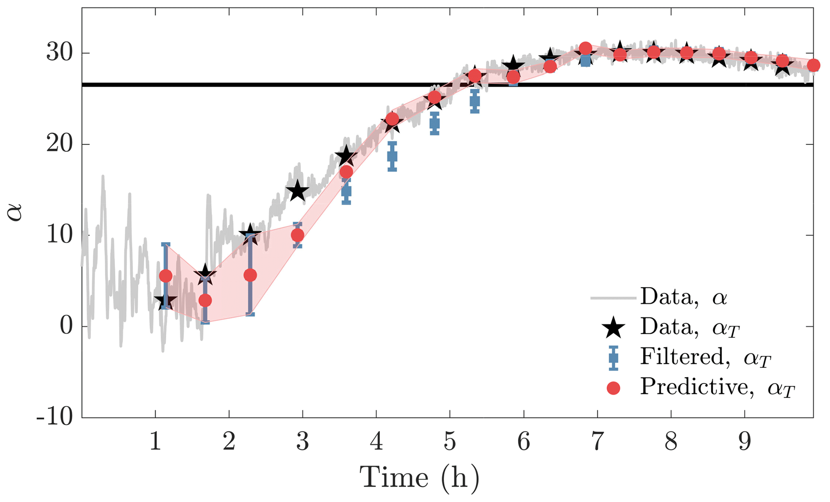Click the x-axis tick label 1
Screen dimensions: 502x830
[155, 442]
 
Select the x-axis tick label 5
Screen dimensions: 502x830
[450, 442]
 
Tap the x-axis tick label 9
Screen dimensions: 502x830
[744, 442]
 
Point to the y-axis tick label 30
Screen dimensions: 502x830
[60, 53]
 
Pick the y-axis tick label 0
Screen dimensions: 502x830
[67, 326]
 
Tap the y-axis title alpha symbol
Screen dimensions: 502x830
[15, 213]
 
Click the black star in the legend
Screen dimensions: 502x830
[613, 328]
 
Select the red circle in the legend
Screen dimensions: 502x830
[613, 388]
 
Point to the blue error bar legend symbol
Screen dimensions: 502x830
[613, 357]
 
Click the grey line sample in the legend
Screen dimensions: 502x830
[613, 298]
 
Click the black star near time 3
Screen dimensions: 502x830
[297, 191]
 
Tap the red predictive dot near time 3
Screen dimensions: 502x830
[298, 235]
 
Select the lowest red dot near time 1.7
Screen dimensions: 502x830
[205, 300]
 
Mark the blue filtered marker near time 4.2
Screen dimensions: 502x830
[392, 156]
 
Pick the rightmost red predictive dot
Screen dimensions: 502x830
[814, 65]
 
